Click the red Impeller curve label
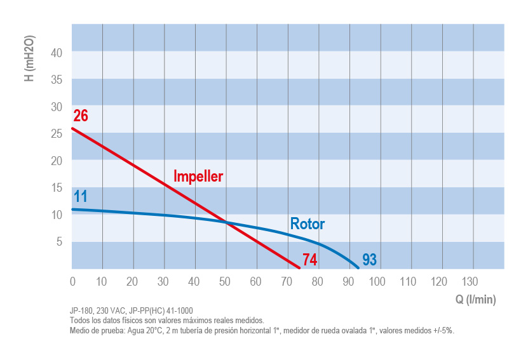coord(198,177)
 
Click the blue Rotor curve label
coord(307,224)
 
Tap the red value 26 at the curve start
coord(81,116)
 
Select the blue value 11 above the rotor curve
coord(80,196)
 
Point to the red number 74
coord(309,259)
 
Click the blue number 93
coord(370,259)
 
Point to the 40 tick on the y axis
coord(57,53)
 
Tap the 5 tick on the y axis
coord(59,241)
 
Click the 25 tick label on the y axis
coord(57,133)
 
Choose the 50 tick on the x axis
coord(226,282)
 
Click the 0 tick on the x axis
coord(72,282)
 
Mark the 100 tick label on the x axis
coord(377,282)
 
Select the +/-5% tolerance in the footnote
coord(443,330)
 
